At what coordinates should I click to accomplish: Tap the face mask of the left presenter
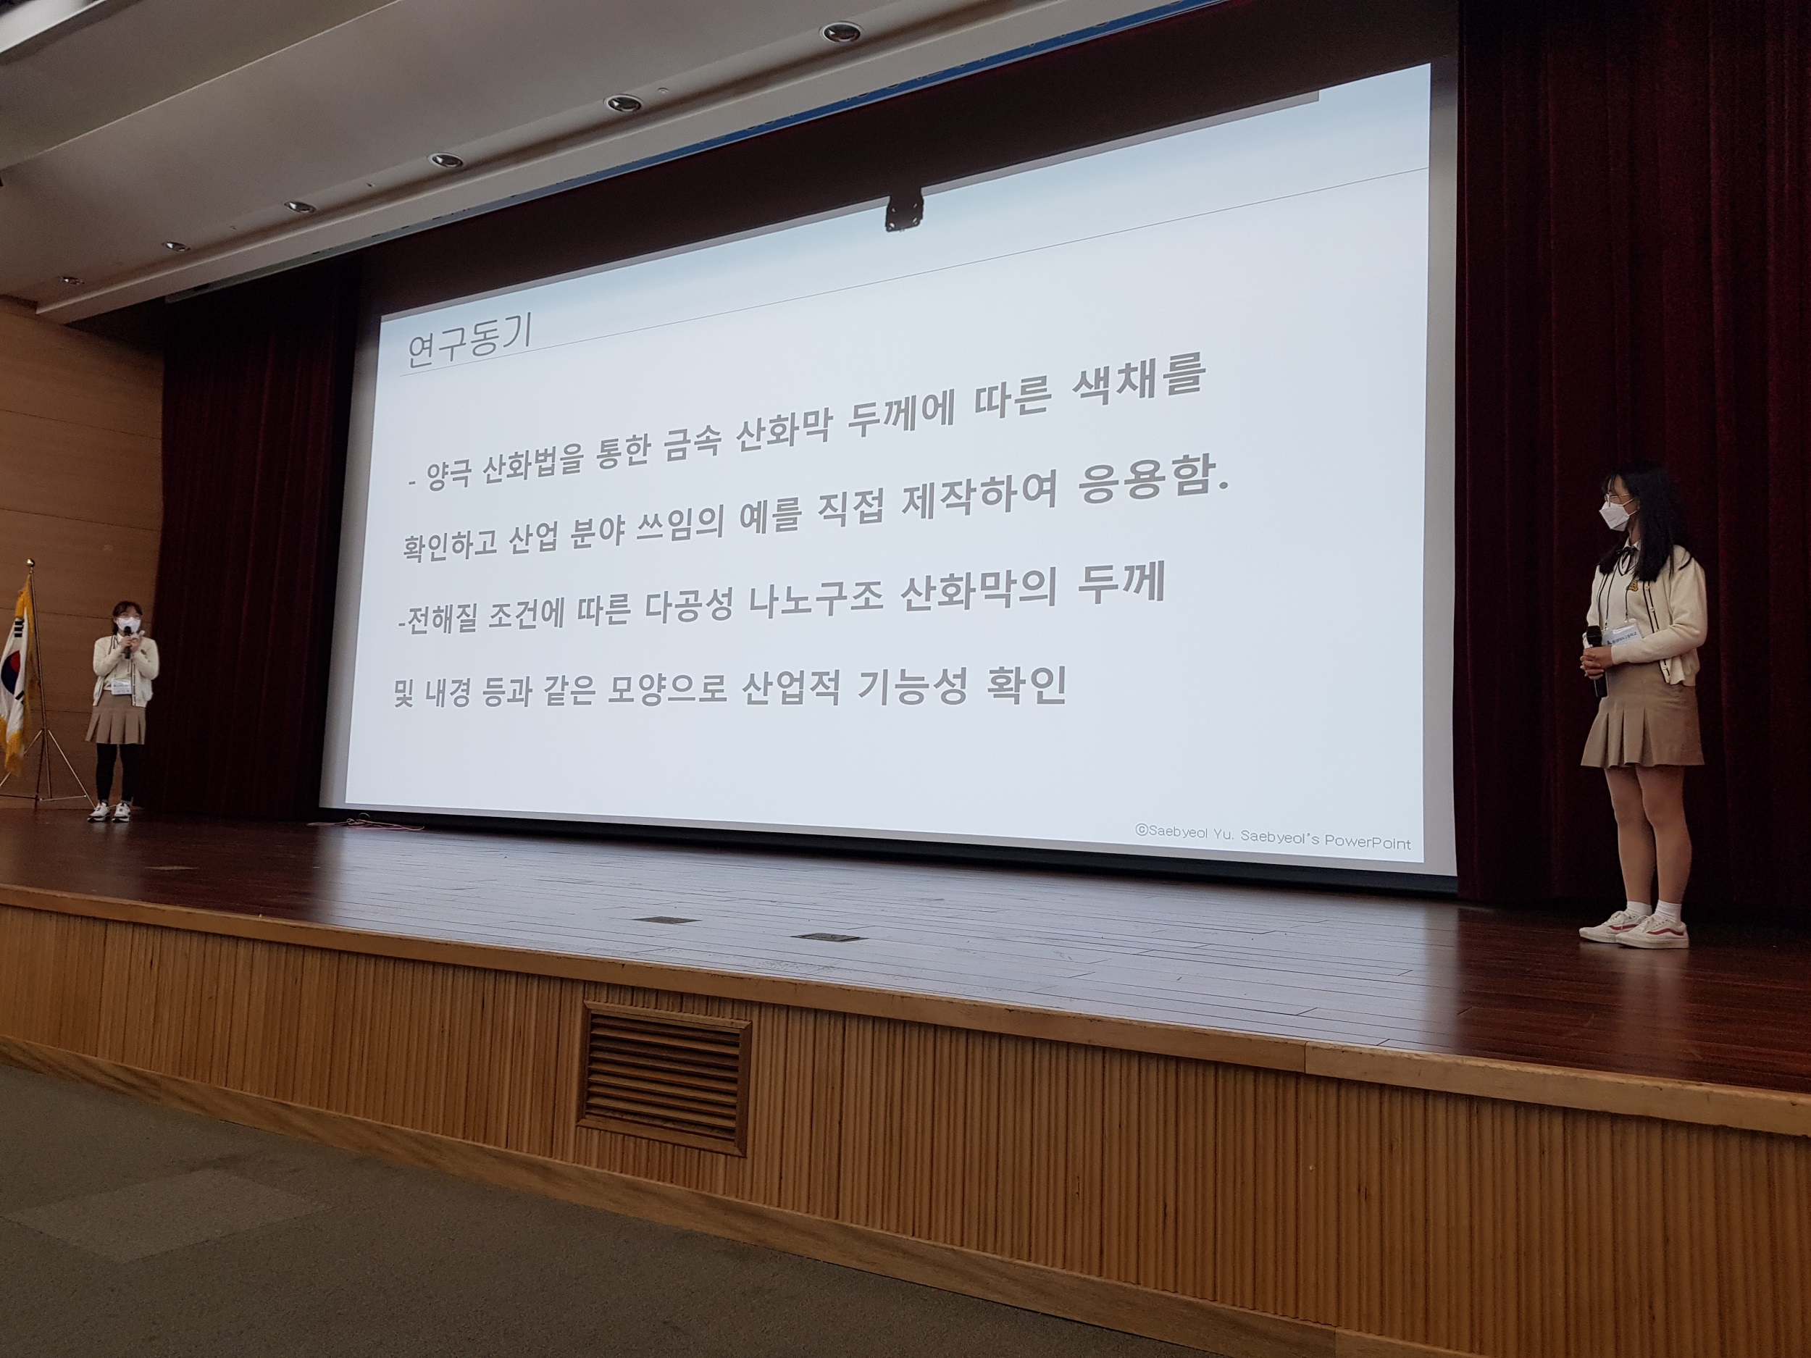tap(127, 624)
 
